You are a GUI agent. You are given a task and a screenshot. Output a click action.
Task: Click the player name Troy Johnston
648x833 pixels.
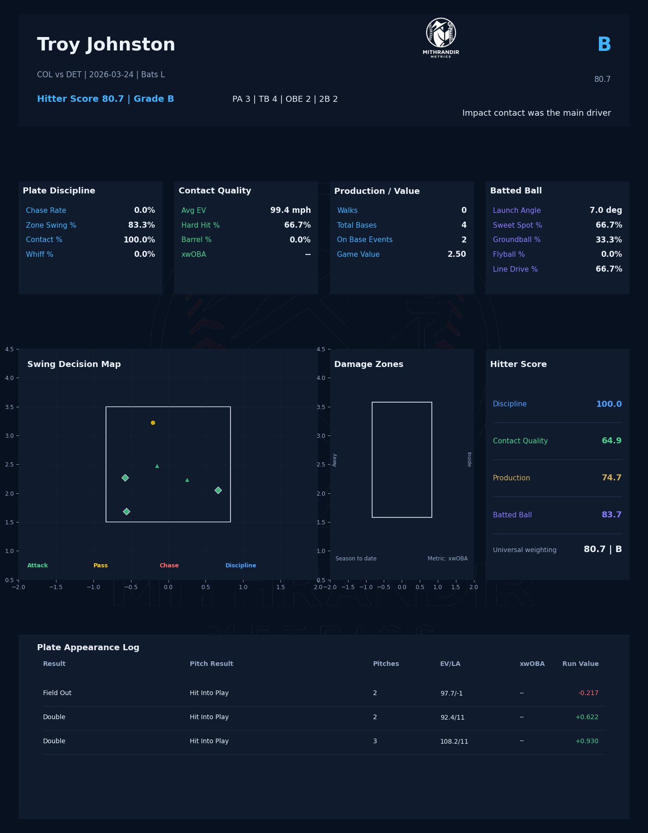[106, 45]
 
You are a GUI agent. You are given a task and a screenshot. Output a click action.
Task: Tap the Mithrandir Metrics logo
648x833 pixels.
[441, 37]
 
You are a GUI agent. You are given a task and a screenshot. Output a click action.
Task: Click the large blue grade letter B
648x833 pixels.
[604, 45]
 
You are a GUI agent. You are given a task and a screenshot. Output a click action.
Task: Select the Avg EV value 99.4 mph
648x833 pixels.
[290, 211]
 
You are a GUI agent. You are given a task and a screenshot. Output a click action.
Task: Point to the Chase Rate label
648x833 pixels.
[46, 211]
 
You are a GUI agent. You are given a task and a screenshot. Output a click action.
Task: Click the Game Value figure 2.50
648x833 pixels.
[456, 255]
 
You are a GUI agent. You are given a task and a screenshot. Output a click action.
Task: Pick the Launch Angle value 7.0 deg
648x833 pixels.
[605, 211]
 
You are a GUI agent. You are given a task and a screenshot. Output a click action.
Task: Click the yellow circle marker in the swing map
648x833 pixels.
[153, 423]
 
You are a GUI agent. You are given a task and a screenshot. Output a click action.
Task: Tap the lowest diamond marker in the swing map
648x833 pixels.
[126, 511]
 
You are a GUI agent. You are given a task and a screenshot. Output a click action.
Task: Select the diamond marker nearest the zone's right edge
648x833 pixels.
[218, 490]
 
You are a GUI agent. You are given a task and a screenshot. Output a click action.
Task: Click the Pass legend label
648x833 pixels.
[100, 566]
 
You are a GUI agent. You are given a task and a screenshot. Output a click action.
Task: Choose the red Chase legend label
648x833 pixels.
[169, 566]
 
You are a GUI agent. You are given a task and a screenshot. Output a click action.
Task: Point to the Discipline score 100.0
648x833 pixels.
[609, 404]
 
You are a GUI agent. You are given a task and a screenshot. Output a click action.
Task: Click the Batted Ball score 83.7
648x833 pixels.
[611, 515]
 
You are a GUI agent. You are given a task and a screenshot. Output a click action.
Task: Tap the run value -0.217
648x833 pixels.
[588, 693]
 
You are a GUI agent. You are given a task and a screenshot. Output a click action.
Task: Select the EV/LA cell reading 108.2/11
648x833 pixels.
[454, 741]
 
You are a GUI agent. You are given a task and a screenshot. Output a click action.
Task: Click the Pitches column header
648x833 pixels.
[386, 664]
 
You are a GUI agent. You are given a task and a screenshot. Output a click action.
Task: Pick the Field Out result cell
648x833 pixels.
[57, 693]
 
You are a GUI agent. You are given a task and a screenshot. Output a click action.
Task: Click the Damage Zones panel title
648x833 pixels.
[368, 364]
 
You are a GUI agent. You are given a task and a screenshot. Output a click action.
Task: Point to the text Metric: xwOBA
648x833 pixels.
[447, 559]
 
